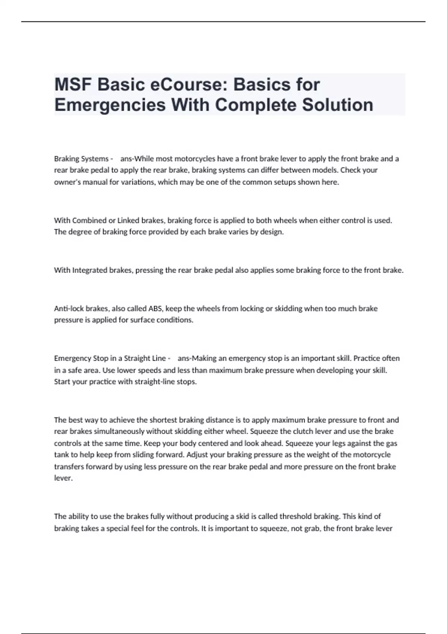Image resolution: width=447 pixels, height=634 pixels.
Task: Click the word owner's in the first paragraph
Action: coord(66,182)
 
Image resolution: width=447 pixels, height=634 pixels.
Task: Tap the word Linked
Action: coord(128,220)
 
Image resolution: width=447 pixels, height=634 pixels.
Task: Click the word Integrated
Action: coord(89,270)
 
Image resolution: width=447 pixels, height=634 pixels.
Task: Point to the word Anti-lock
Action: coord(69,308)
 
